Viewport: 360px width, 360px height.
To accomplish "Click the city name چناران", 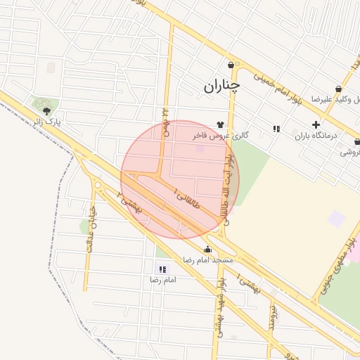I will pos(222,86).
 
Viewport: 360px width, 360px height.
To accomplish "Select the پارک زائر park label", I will pos(49,123).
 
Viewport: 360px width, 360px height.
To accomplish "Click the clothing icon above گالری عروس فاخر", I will pos(219,124).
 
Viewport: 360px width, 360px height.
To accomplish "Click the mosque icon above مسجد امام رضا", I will pos(207,249).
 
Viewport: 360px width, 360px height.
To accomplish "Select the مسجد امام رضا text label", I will pos(207,260).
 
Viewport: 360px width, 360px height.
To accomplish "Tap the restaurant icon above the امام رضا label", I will pos(162,269).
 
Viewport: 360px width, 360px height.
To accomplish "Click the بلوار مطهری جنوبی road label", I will pos(338,264).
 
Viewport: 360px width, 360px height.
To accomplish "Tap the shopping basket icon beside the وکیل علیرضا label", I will pos(340,89).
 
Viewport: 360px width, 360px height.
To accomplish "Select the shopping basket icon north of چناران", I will pos(231,65).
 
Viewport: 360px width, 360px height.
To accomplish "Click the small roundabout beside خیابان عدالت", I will pos(98,186).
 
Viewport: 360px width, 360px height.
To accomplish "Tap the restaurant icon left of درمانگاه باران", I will pos(276,129).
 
